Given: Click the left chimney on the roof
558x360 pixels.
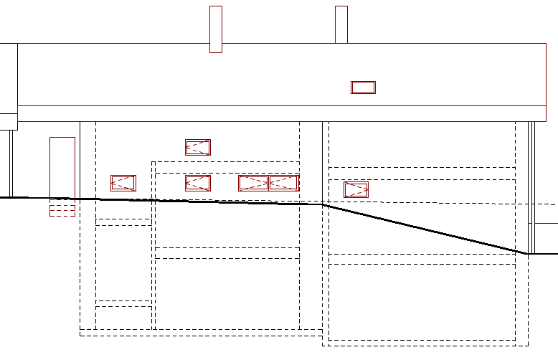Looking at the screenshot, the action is point(215,29).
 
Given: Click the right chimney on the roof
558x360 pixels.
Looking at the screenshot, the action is point(341,24).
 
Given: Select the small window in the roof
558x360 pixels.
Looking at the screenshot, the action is point(363,87).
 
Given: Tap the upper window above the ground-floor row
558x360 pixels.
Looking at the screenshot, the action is point(198,147).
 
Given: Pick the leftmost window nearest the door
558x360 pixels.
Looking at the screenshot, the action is point(123,183).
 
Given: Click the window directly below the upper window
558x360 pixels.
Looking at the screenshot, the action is point(198,183).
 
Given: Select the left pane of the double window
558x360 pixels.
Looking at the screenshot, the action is point(253,183).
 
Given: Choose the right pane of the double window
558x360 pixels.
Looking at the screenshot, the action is point(284,183).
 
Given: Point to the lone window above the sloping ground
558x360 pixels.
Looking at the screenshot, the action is point(356,190).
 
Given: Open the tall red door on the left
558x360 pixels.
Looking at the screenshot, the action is point(62,167).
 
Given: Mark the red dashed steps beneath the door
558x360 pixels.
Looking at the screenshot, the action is point(62,209).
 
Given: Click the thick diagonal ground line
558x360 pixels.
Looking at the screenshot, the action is point(423,229).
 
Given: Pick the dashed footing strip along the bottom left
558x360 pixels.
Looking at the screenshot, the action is point(201,333).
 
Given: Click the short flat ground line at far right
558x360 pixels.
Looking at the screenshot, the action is point(543,253).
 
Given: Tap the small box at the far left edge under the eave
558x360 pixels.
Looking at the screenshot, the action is point(8,121).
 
